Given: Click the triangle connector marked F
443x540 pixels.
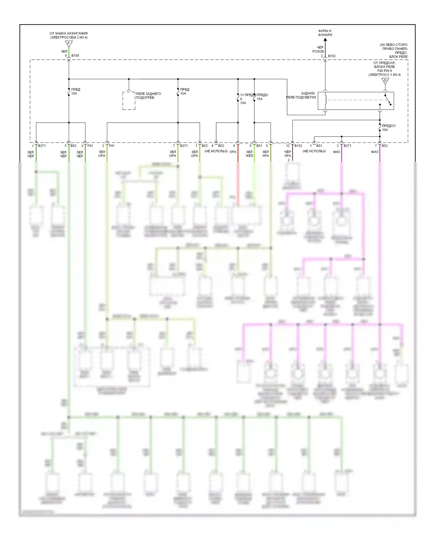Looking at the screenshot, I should [x=69, y=44].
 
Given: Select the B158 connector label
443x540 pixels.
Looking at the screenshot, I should [x=75, y=56].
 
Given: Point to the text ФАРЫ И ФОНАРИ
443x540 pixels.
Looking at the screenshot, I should [x=325, y=33].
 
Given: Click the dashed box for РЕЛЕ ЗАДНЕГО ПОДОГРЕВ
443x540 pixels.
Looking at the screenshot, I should [x=129, y=101].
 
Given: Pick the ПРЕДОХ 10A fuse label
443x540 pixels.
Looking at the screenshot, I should [x=388, y=128].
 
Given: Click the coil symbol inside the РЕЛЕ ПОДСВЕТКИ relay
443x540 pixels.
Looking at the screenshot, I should [x=325, y=99].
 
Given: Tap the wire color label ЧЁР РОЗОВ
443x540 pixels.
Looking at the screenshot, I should [x=318, y=49].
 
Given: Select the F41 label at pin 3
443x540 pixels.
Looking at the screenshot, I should [x=90, y=146].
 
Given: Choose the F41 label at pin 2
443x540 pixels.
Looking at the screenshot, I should [x=112, y=146].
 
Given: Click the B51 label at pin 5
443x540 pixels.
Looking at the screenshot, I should [x=259, y=146].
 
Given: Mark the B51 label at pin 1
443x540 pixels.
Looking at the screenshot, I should [x=319, y=146].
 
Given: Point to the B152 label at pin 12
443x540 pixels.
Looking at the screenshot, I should [x=298, y=146].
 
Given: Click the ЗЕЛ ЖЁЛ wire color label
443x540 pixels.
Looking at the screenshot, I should [x=249, y=154].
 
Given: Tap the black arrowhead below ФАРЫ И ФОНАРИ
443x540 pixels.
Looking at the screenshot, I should [x=325, y=39].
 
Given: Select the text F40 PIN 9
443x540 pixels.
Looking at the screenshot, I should [x=384, y=71].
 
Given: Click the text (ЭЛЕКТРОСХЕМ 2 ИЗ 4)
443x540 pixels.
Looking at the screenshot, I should [x=69, y=38].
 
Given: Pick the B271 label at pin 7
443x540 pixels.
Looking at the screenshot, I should [x=184, y=146].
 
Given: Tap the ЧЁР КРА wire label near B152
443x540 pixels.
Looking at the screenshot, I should [x=288, y=154].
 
